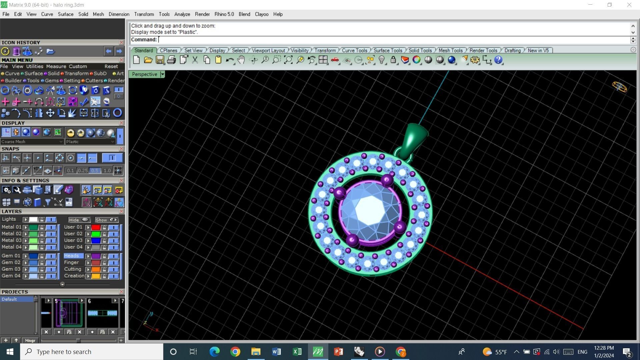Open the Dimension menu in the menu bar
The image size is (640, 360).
point(119,14)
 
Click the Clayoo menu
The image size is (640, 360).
point(261,14)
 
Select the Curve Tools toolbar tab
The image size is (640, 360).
point(354,50)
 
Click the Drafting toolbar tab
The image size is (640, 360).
point(512,50)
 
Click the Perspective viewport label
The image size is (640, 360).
point(144,74)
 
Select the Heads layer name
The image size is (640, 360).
point(72,256)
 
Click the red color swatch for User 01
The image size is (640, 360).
point(96,227)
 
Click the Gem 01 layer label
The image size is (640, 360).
point(11,256)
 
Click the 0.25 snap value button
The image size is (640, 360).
point(82,171)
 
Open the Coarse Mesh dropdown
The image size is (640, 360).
point(32,142)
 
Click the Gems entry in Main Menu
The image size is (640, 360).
point(51,81)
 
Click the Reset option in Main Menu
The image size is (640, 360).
point(111,66)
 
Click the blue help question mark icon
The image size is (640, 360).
point(498,60)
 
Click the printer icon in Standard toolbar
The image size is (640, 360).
point(171,60)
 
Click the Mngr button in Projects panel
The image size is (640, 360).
point(30,340)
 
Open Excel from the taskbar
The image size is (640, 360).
point(297,352)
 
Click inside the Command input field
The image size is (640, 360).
point(393,40)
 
